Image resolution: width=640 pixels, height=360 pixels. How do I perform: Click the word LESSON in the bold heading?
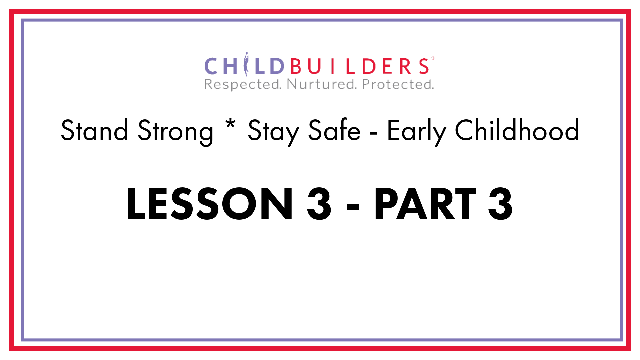pos(209,204)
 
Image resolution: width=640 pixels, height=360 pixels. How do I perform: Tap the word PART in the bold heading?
pos(425,204)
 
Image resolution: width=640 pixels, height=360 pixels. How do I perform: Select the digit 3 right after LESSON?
pos(319,204)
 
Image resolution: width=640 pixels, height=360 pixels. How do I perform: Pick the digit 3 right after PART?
pos(500,204)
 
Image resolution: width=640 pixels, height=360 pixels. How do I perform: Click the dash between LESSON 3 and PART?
pos(353,207)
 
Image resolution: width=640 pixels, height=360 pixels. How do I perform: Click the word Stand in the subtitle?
pos(94,130)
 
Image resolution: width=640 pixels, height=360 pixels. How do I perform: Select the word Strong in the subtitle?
pos(175,132)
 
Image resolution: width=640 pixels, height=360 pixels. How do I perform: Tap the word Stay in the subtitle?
pos(273,132)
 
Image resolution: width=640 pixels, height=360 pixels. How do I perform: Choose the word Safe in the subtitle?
pos(334,130)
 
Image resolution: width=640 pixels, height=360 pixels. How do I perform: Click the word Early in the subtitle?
pos(416,132)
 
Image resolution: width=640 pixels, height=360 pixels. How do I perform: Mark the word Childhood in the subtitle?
pos(517,130)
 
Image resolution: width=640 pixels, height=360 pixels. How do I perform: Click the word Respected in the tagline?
pos(243,85)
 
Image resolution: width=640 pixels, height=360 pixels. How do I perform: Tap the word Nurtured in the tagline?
pos(322,84)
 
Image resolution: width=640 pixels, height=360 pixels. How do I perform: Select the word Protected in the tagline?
pos(398,84)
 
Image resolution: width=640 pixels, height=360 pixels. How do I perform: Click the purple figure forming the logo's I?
pos(246,64)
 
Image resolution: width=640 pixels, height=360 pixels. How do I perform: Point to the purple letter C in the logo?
pos(211,66)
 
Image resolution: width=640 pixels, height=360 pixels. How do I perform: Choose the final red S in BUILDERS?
pos(424,66)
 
